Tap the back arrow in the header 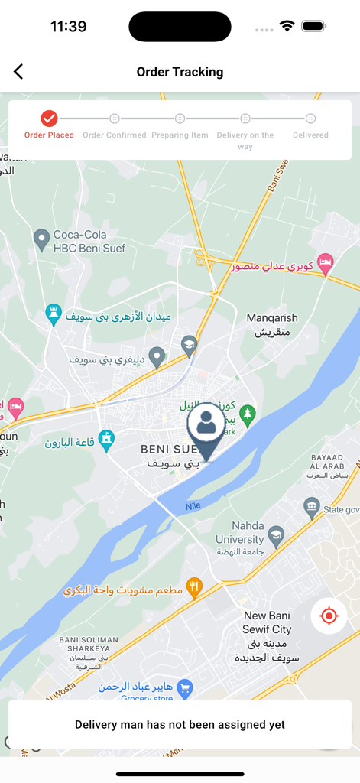(x=18, y=72)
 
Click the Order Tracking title (x=180, y=72)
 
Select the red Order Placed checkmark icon (x=49, y=119)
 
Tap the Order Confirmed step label (x=115, y=135)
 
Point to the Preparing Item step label (x=180, y=135)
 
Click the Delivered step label (x=310, y=135)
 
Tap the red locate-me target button (x=329, y=616)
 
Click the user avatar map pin (x=206, y=425)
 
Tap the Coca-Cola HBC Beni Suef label (x=89, y=241)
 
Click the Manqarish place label (x=272, y=324)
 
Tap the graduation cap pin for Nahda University (x=277, y=533)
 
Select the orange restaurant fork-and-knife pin (x=194, y=587)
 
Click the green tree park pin (x=246, y=415)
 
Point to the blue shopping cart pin (x=184, y=688)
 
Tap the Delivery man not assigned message (x=180, y=724)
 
